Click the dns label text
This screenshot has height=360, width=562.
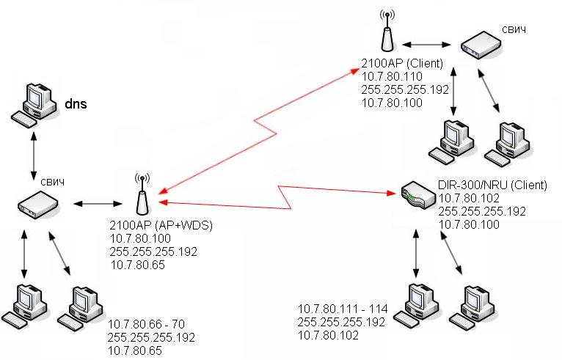click(x=76, y=104)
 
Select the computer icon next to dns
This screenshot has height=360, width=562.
click(x=34, y=103)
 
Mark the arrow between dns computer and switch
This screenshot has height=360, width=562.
click(x=33, y=156)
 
